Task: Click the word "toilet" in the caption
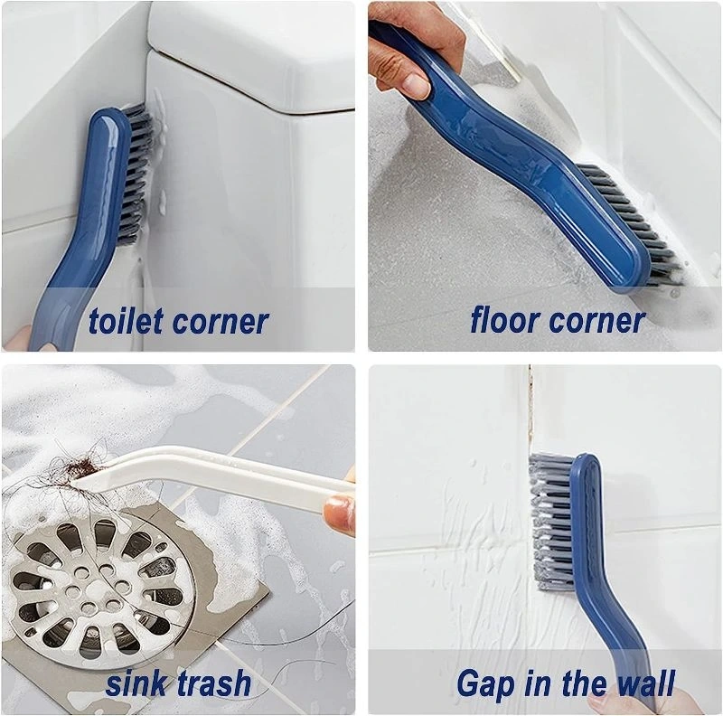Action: tap(127, 321)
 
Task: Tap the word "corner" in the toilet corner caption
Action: tap(221, 323)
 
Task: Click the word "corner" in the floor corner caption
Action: tap(597, 322)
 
